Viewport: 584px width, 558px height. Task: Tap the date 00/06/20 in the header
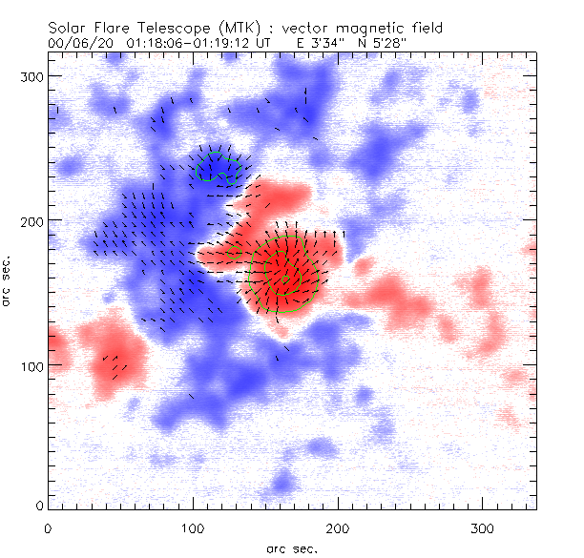tap(75, 44)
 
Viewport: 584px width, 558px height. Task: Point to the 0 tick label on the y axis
tap(39, 505)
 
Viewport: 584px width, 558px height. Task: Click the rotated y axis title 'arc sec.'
tap(9, 280)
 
